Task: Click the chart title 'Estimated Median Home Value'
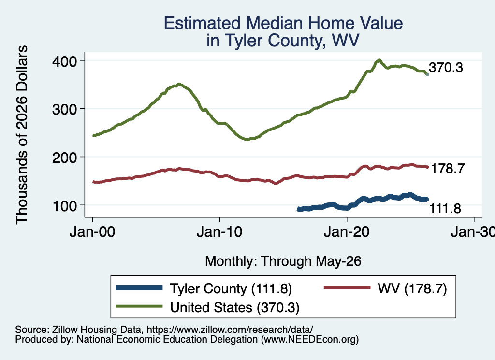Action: coord(283,23)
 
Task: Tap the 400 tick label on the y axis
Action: coord(65,61)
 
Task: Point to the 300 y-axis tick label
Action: coord(65,110)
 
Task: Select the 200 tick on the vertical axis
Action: coord(65,158)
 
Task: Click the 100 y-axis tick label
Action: coord(65,206)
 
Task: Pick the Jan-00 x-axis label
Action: coord(92,232)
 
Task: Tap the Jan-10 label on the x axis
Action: coord(219,232)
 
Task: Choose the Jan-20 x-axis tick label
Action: coord(347,232)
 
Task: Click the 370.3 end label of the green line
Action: coord(446,68)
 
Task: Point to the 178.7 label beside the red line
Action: coord(447,169)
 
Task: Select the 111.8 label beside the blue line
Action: coord(445,209)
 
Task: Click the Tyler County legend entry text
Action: coord(231,288)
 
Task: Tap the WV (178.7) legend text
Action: coord(412,288)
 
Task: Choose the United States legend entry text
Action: coord(235,307)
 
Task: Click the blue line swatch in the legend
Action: coord(139,288)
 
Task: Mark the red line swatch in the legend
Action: coord(347,288)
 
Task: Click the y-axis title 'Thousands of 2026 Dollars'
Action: coord(22,135)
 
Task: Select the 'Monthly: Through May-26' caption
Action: coord(283,261)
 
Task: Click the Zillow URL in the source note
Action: coord(230,330)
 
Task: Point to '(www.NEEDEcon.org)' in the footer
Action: coord(310,340)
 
